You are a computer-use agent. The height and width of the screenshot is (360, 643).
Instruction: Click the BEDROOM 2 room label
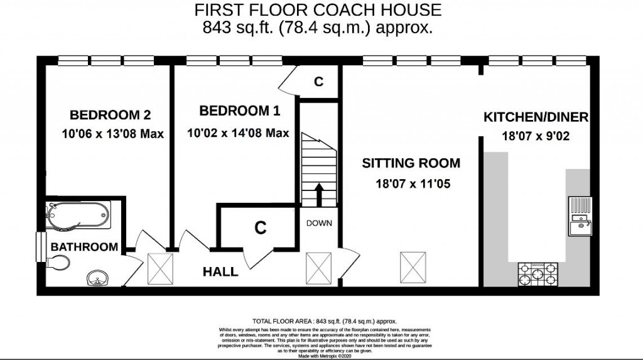point(110,115)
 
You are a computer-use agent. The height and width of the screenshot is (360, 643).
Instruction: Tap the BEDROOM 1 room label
point(239,111)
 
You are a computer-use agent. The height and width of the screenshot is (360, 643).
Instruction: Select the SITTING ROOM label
point(411,163)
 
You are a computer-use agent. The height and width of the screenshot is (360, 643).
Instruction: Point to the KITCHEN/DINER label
point(535,117)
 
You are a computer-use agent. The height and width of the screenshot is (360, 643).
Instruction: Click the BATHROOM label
point(84,247)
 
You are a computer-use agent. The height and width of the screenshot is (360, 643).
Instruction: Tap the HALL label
point(220,272)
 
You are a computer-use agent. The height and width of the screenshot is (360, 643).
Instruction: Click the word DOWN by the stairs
point(319,223)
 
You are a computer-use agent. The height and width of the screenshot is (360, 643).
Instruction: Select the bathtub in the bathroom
point(77,216)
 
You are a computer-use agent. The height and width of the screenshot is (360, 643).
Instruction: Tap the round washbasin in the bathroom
point(97,278)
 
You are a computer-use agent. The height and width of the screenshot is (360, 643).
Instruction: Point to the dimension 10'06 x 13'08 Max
point(112,134)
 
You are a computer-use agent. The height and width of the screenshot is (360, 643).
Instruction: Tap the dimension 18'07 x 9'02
point(535,136)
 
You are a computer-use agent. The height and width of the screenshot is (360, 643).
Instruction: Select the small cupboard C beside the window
point(318,82)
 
